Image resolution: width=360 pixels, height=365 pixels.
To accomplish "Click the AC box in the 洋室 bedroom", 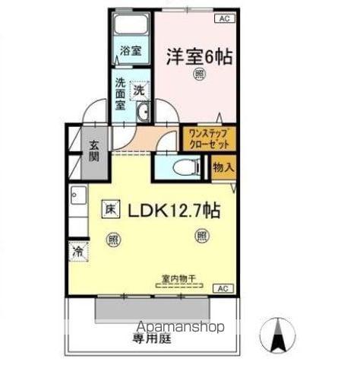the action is click(225, 18).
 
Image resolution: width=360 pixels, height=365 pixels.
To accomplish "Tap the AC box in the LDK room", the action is click(223, 288).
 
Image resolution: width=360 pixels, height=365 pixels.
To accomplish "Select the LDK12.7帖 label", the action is click(174, 211).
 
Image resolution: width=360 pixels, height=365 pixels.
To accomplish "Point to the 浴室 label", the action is click(131, 51).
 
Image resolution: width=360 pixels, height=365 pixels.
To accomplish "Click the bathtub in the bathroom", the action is click(131, 24).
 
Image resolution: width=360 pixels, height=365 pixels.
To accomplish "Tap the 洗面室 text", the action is click(120, 94).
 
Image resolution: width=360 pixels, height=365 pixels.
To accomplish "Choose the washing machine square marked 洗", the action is click(139, 90).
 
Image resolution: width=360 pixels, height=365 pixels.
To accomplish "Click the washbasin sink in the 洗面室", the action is click(143, 112).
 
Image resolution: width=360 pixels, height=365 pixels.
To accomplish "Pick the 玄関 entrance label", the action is click(93, 151).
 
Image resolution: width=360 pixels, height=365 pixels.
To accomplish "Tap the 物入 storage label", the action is click(223, 167).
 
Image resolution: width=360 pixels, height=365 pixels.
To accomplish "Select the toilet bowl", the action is click(186, 167).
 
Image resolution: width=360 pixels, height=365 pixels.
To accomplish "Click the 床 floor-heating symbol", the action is click(111, 209).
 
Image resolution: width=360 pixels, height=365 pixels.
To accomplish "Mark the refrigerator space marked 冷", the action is click(78, 251).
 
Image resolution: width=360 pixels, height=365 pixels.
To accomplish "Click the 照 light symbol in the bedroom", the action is click(200, 75).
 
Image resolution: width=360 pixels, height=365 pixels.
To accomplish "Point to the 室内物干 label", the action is click(179, 279).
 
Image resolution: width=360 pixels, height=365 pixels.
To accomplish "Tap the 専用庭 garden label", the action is click(152, 338).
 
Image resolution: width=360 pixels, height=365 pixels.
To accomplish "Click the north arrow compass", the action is click(278, 335).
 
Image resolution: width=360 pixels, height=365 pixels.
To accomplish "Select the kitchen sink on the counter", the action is click(79, 195).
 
